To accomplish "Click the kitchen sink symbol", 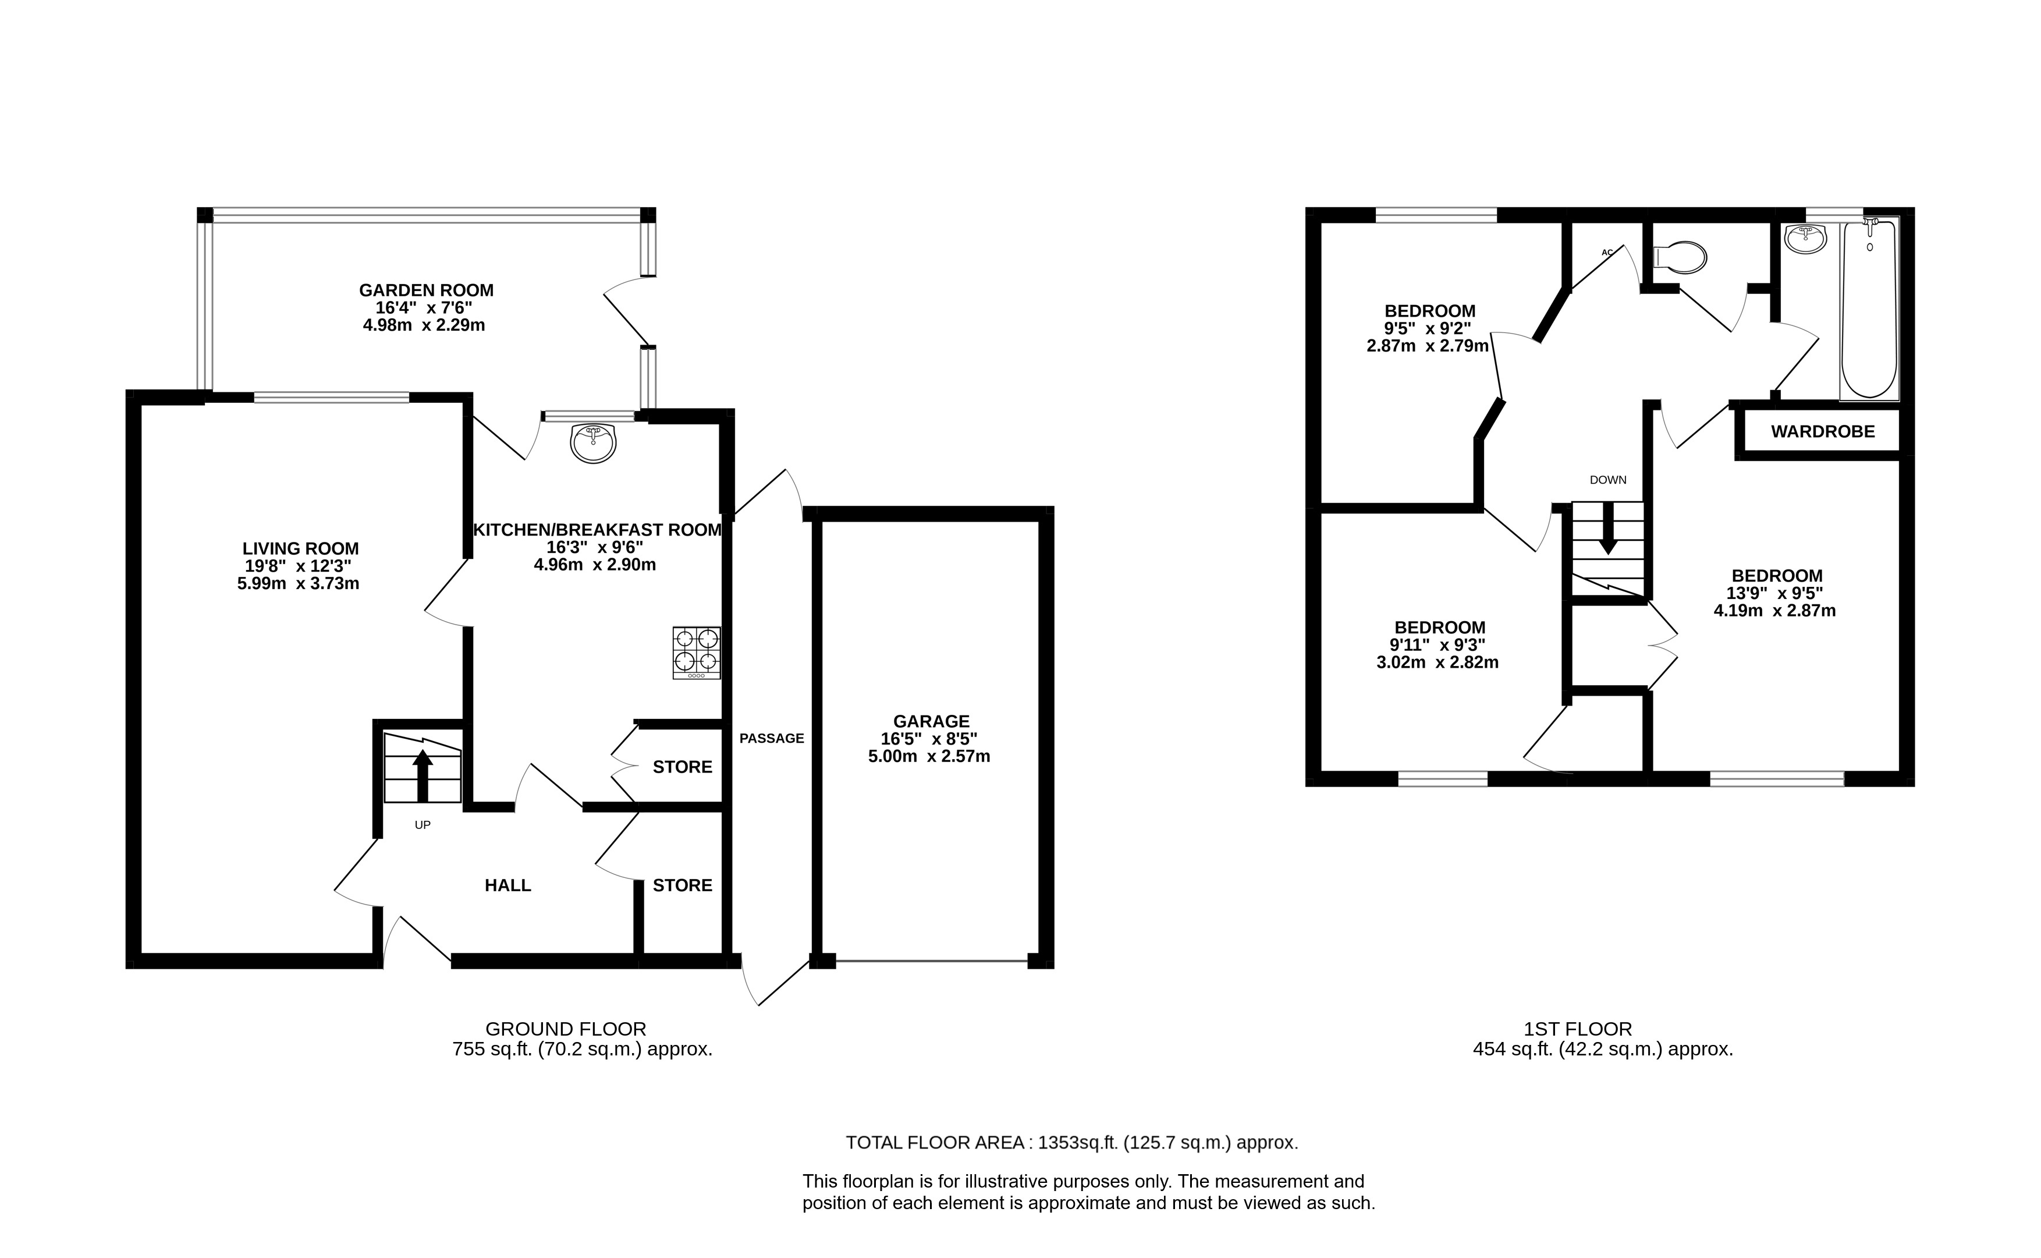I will tap(593, 442).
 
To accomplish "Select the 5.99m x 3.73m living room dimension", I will tap(298, 584).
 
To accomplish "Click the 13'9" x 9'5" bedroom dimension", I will tap(1777, 593).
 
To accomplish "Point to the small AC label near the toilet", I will tap(1607, 252).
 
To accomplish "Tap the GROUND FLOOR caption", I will tap(566, 1029).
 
